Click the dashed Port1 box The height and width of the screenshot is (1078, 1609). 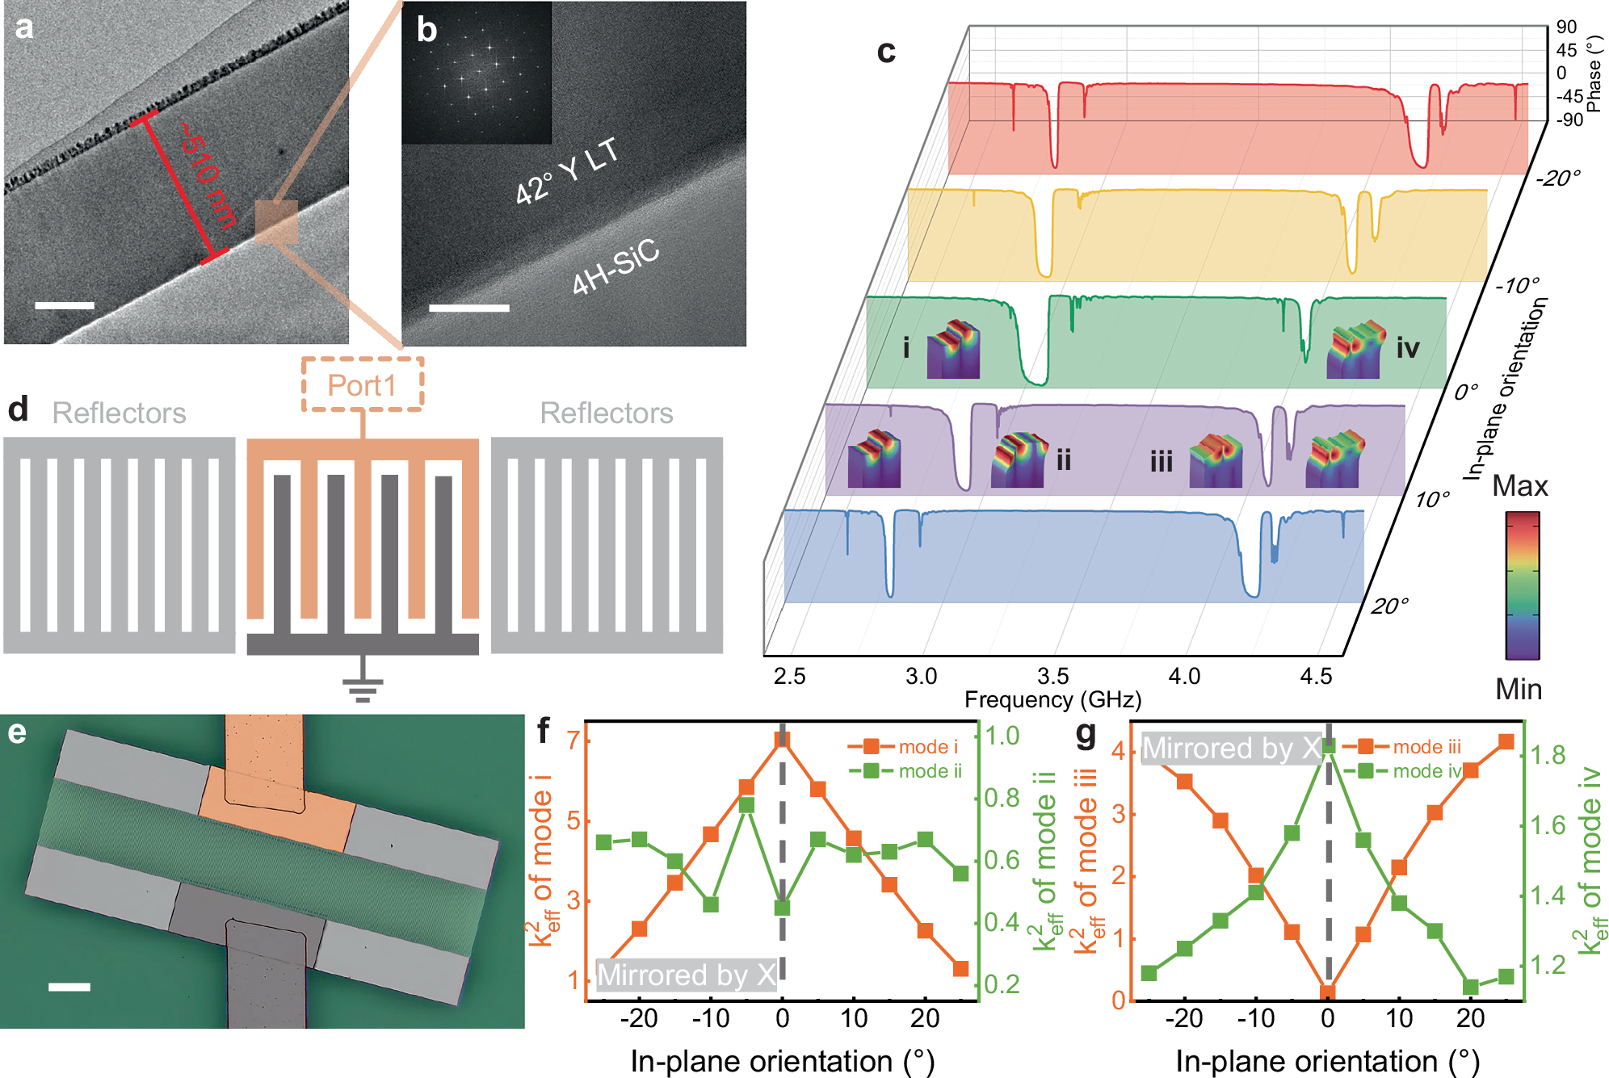coord(362,384)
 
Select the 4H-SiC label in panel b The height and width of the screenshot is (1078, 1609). coord(615,267)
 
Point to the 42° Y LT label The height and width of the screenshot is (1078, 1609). coord(567,170)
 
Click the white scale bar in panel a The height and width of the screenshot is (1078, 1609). coord(65,305)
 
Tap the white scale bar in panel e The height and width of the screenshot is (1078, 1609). coord(69,986)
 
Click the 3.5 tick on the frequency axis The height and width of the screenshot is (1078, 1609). coord(1052,676)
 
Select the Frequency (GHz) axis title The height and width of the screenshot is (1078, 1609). coord(1052,699)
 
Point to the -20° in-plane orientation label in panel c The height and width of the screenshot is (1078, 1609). coord(1556,178)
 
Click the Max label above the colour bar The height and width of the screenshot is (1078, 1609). coord(1519,486)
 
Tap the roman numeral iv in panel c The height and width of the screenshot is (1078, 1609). coord(1407,348)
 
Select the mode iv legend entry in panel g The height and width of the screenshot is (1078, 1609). coord(1426,771)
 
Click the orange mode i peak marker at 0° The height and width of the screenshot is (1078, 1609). coord(782,740)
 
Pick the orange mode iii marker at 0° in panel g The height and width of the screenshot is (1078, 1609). coord(1328,992)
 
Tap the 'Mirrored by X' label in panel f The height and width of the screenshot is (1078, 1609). coord(687,975)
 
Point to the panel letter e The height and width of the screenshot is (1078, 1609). coord(17,732)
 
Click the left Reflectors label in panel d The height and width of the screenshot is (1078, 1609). coord(119,413)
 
